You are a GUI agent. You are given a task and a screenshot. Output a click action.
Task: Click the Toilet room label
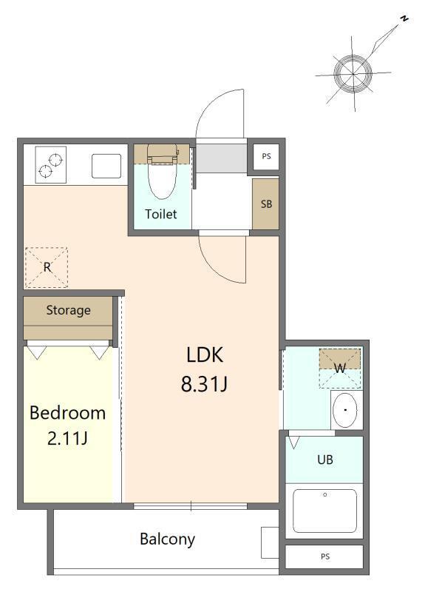click(161, 214)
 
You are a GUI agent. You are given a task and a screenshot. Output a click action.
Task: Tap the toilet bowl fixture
click(162, 172)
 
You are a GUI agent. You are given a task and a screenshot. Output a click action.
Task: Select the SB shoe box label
click(266, 204)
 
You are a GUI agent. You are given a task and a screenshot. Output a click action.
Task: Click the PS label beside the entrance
click(267, 156)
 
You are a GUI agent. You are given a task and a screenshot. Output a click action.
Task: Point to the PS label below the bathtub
click(325, 556)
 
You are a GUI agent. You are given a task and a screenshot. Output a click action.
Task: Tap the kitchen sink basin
click(106, 166)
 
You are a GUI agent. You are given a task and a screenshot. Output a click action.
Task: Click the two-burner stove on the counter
click(50, 165)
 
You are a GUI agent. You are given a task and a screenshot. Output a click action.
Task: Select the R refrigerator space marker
click(47, 267)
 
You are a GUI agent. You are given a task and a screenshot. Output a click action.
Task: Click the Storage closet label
click(68, 310)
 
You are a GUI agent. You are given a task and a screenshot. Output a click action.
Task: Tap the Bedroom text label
click(67, 413)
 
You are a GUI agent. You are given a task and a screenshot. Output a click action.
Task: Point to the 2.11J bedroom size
click(67, 438)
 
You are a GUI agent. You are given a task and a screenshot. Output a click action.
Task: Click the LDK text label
click(205, 354)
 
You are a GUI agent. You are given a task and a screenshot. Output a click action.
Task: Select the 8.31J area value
click(204, 384)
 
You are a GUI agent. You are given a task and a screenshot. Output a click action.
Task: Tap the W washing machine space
click(340, 368)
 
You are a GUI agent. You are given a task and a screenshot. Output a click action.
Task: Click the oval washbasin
click(345, 410)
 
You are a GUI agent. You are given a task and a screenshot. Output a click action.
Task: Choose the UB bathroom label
click(325, 460)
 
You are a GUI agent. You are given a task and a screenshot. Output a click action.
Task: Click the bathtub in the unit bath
click(324, 511)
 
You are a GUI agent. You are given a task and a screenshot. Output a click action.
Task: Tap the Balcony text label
click(168, 539)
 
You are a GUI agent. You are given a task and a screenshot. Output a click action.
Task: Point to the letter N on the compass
click(404, 18)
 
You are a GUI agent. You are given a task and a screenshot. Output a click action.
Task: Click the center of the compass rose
click(353, 73)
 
